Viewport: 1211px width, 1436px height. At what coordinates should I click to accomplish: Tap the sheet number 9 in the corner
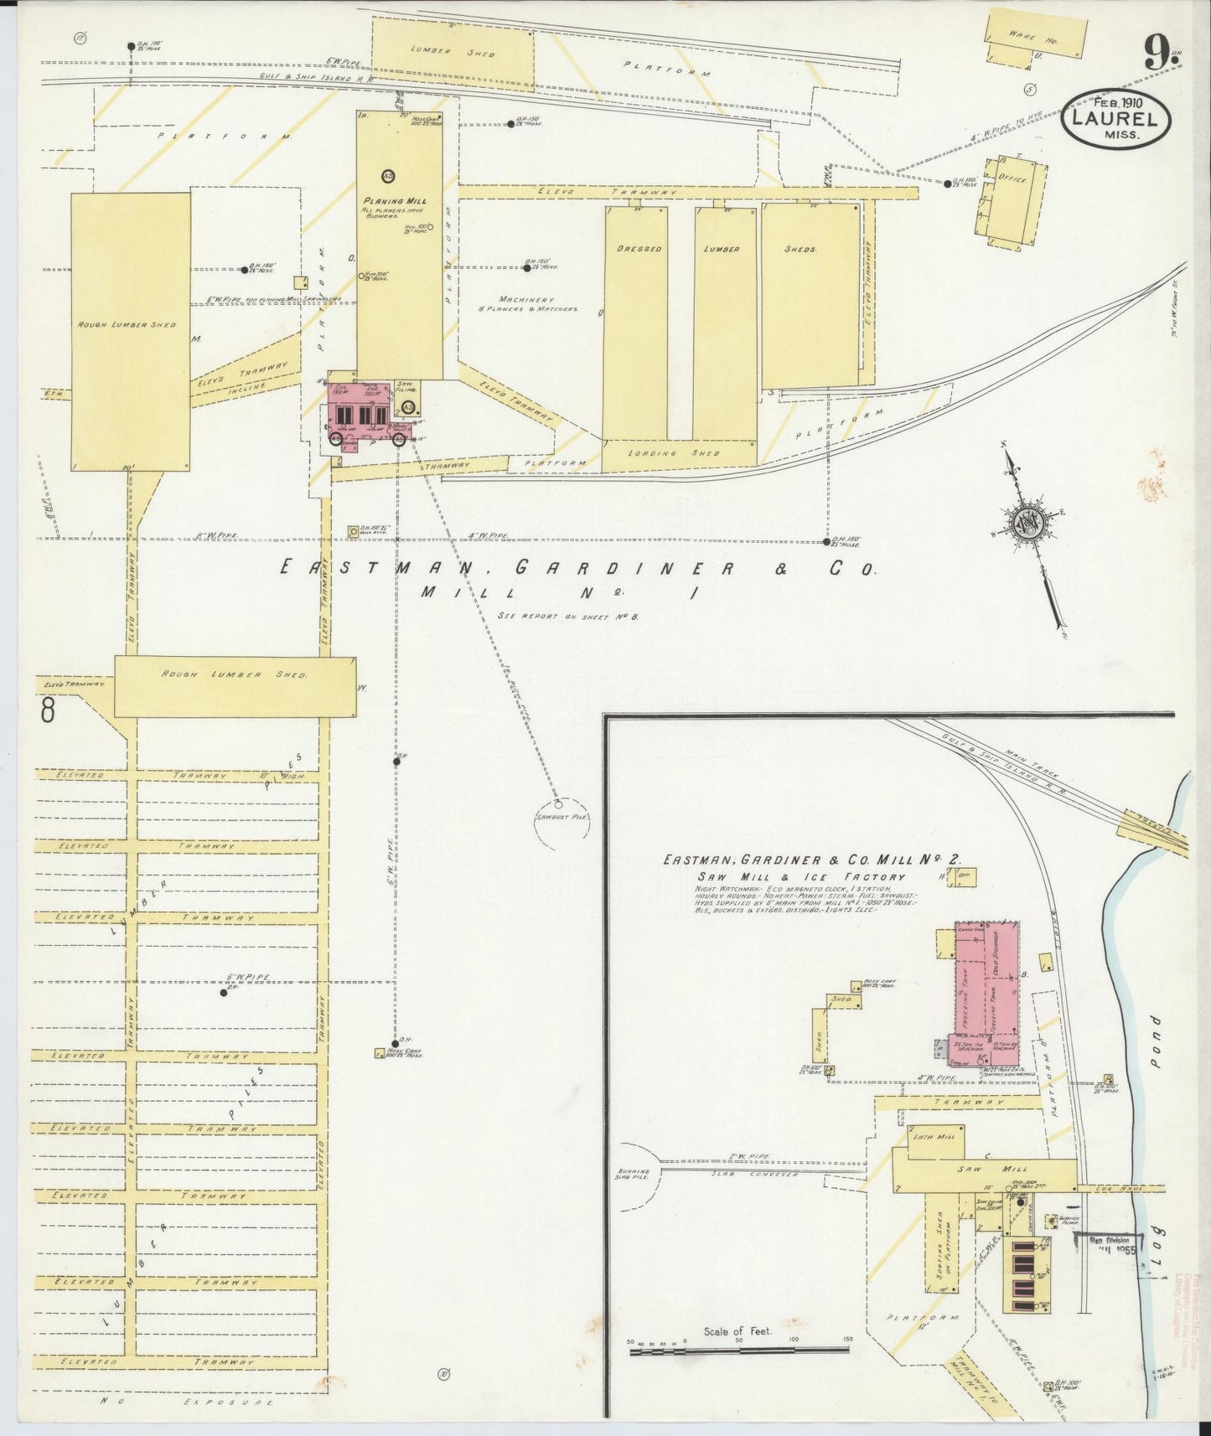[x=1157, y=56]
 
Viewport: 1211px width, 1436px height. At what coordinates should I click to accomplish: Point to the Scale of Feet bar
[x=738, y=1349]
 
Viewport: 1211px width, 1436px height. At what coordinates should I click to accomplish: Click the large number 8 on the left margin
[x=48, y=711]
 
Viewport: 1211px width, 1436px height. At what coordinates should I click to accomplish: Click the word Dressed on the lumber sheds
[x=639, y=249]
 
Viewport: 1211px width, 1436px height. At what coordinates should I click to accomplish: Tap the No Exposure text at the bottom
[x=186, y=1401]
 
